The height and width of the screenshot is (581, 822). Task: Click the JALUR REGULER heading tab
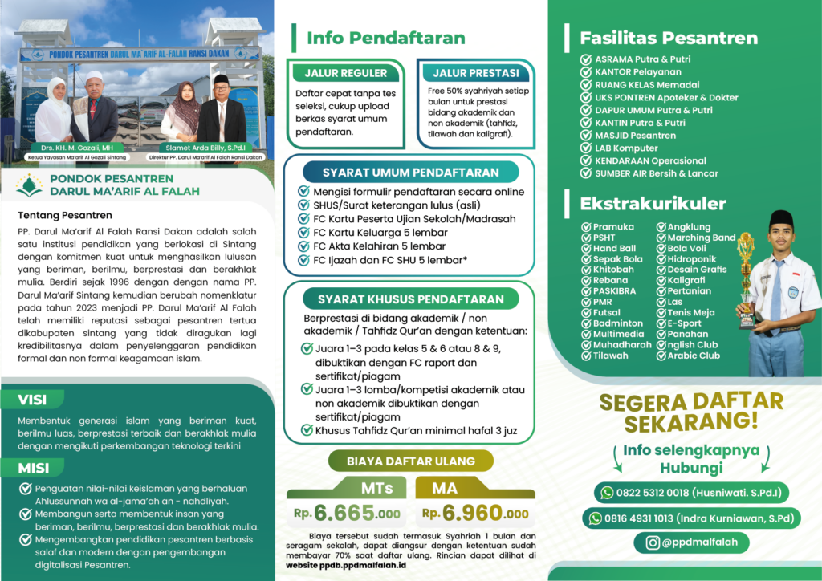pos(345,73)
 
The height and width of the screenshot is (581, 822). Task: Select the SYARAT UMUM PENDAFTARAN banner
pos(410,173)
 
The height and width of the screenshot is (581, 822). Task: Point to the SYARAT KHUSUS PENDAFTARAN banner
pos(410,299)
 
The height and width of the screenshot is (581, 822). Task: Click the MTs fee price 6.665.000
pos(358,513)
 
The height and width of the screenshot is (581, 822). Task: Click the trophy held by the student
pos(747,277)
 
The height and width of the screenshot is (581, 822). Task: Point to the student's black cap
pos(780,219)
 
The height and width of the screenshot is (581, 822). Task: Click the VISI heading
pos(33,400)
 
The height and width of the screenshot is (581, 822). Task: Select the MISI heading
pos(34,468)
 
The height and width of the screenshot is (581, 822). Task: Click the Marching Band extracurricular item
pos(701,238)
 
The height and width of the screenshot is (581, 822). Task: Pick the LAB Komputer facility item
pos(626,148)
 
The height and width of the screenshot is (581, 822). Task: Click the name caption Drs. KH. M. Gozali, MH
pos(69,148)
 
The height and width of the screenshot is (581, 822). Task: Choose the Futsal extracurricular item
pos(607,312)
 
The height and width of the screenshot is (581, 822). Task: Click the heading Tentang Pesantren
pos(65,215)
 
